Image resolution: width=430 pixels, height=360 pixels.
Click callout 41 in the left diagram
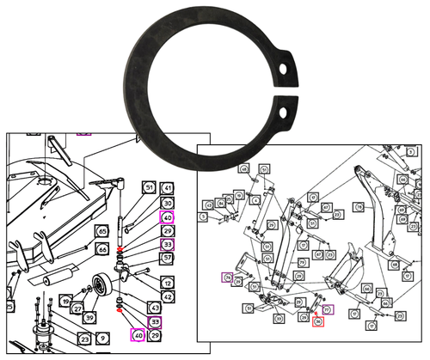168,187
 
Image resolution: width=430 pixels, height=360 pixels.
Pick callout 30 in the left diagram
168,203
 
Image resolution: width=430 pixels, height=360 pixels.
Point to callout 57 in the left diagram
168,258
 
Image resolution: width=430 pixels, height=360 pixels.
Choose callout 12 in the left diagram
168,283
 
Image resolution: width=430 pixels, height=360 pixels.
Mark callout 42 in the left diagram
168,296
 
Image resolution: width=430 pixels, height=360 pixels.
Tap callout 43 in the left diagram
155,308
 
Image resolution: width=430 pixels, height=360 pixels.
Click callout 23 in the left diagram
86,339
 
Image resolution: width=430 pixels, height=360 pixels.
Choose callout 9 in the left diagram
102,339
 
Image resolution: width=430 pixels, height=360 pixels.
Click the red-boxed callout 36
317,322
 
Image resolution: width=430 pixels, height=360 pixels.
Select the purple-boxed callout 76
227,277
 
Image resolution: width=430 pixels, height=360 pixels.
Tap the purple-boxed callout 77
327,308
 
